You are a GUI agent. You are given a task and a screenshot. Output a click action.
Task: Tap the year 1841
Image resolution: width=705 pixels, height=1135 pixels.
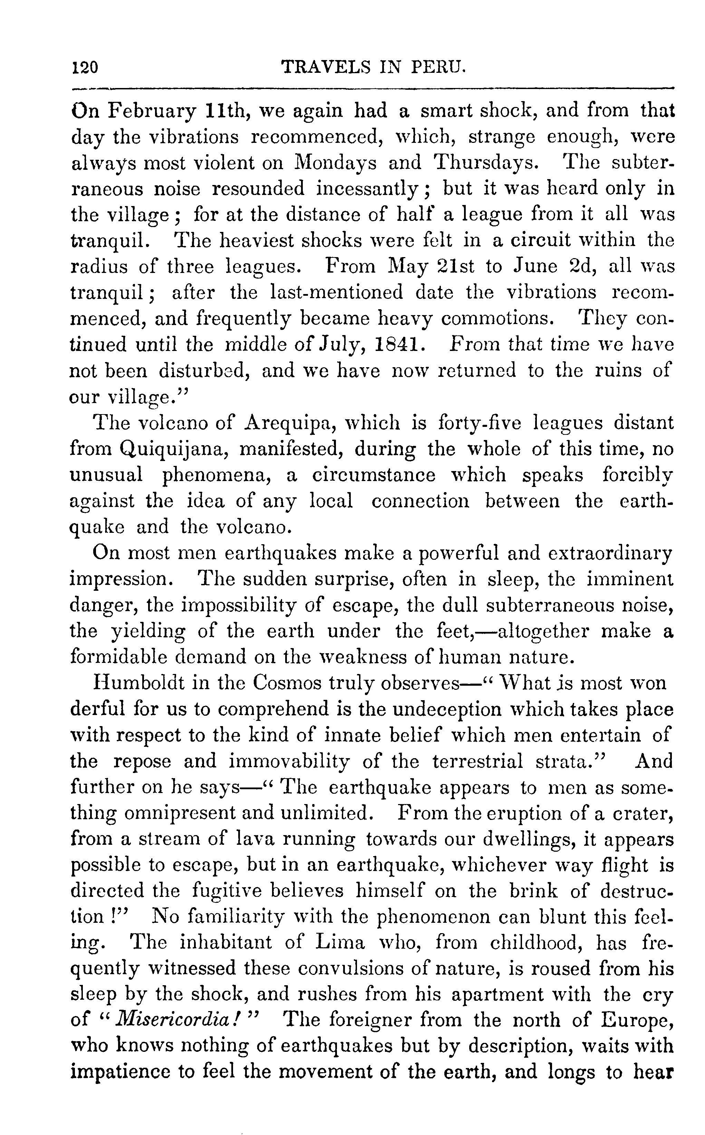(x=399, y=345)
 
